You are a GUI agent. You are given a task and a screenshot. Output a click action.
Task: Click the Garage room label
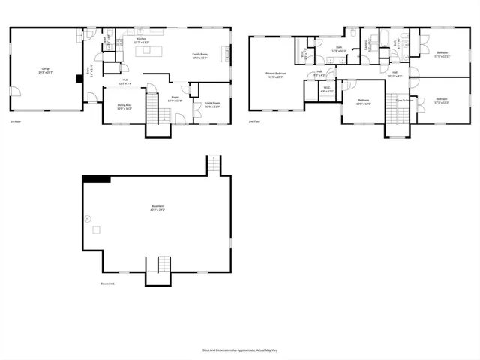pos(46,69)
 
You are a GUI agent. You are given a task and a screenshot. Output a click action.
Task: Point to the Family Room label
pos(199,55)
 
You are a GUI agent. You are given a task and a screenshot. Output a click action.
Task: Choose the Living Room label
pos(212,104)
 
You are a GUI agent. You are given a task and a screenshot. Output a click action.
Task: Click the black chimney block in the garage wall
pos(79,78)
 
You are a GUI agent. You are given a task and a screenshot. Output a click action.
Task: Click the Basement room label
pos(157,208)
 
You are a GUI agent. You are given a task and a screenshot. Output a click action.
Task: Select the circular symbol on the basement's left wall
pos(88,219)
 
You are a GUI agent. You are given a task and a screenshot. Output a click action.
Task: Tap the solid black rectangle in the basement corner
pos(96,178)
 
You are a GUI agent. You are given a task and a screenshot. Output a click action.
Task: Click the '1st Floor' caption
pos(15,121)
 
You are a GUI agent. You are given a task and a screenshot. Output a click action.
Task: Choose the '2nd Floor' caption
pos(254,121)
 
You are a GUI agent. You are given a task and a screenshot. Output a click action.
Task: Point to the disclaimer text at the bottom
pos(239,349)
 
